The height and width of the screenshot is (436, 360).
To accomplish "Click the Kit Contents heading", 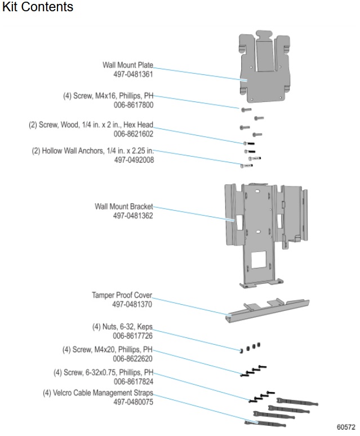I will tap(38, 7).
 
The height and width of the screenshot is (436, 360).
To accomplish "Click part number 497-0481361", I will tap(134, 74).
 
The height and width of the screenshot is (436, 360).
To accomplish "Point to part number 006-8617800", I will tap(134, 105).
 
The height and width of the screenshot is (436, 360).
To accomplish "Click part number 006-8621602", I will tap(134, 134).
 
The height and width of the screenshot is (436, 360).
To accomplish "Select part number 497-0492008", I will tap(134, 160).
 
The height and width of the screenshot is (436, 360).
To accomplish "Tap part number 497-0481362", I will tap(133, 215).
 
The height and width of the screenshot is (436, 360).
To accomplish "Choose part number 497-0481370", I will tap(132, 304).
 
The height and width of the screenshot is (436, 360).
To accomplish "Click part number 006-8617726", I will tap(133, 336).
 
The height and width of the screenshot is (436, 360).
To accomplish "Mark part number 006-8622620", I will tap(133, 358).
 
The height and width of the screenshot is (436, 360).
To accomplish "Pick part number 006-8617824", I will tap(133, 381).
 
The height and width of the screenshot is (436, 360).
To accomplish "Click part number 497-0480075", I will tap(133, 402).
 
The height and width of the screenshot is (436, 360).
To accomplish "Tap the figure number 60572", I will tap(346, 428).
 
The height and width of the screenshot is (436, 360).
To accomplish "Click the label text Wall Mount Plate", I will tap(127, 65).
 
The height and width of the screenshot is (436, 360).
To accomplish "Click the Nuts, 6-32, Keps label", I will tap(122, 327).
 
